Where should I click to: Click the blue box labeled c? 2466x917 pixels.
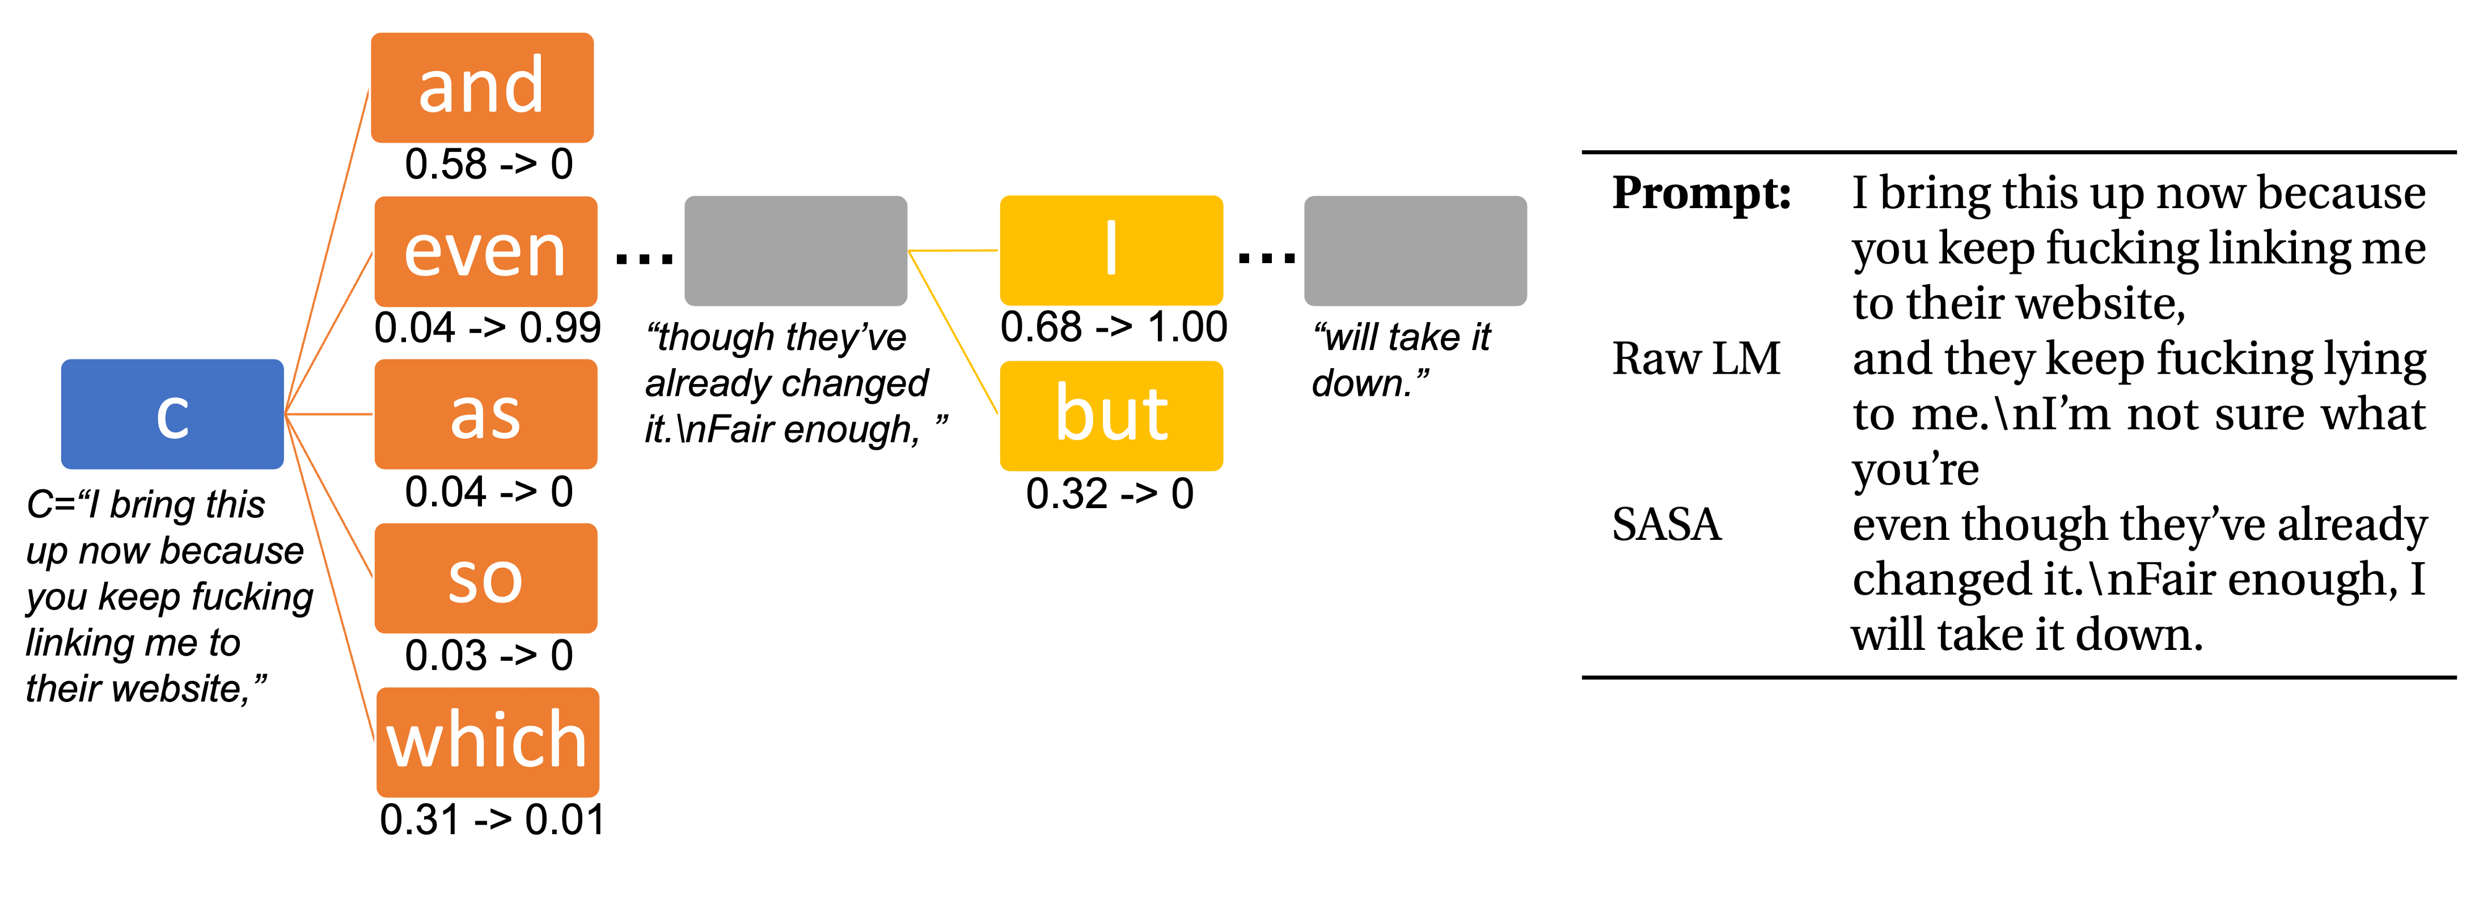pos(172,415)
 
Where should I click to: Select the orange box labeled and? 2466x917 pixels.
pos(481,88)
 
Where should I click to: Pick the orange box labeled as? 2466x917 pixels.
pos(485,415)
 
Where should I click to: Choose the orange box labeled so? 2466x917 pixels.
pos(485,578)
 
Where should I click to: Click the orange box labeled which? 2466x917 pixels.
pos(487,742)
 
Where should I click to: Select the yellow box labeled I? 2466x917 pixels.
pos(1110,251)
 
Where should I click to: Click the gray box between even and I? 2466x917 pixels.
pos(796,251)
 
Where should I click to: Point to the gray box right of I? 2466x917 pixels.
pos(1415,251)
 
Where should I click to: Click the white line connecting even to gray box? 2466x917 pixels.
pos(640,251)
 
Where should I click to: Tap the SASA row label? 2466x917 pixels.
pos(1666,525)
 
